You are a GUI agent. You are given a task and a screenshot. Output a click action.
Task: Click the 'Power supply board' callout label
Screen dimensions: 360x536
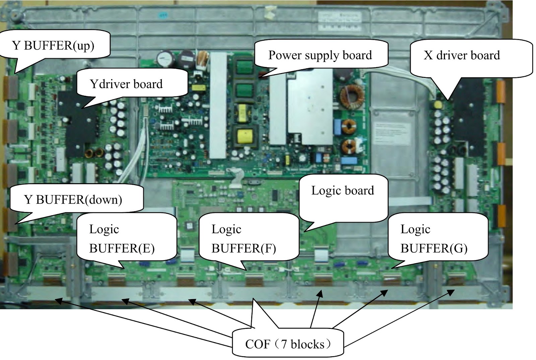point(320,55)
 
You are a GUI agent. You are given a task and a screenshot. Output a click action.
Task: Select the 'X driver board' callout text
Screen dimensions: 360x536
point(461,55)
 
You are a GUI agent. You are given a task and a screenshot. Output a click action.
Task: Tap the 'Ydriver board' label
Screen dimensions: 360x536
point(126,84)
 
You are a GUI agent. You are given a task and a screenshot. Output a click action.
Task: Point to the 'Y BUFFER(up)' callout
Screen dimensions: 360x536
point(53,45)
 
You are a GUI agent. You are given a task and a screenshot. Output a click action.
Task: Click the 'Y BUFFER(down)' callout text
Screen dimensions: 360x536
point(73,200)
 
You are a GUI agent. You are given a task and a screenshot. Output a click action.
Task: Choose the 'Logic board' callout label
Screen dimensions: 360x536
point(342,190)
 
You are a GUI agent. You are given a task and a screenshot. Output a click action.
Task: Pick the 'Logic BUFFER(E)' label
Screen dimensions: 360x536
point(122,238)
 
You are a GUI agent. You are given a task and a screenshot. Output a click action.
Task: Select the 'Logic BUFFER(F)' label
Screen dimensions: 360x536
point(244,238)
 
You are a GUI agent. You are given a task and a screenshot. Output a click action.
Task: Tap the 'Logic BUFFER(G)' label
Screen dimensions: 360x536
point(434,238)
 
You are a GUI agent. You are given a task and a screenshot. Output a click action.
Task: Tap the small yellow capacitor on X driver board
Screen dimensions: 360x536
point(438,105)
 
